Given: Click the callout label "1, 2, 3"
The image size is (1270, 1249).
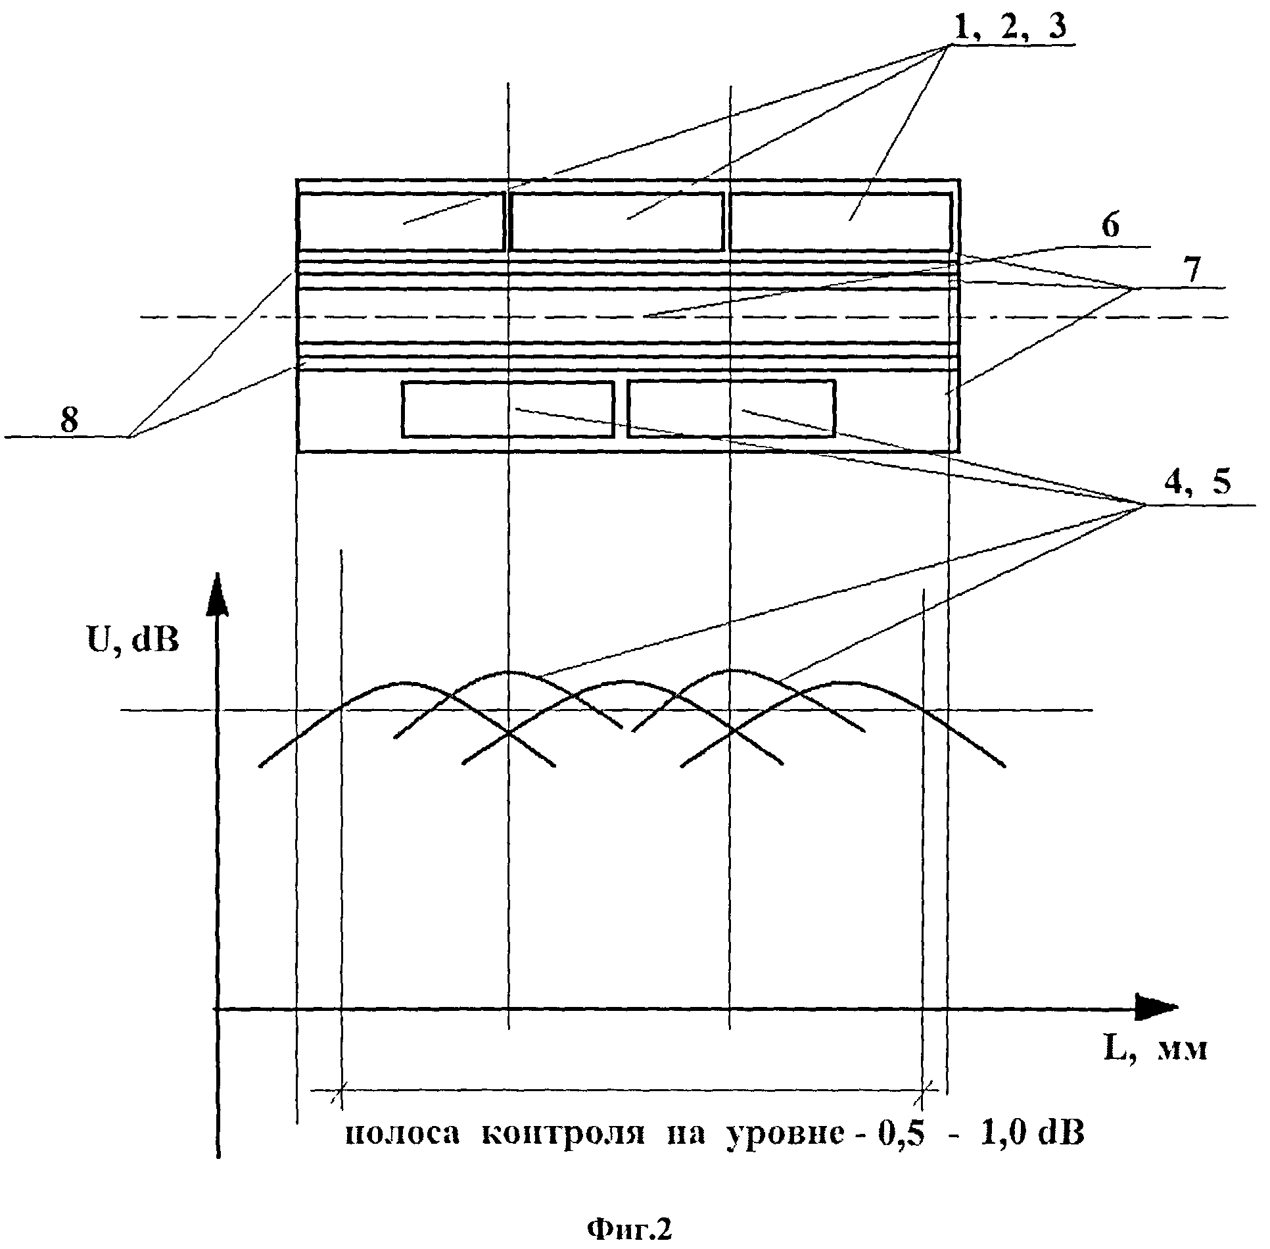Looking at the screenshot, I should (1010, 27).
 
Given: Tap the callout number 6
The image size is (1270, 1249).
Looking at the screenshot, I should (1110, 226).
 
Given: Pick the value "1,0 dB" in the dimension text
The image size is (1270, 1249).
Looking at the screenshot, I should (1031, 1134).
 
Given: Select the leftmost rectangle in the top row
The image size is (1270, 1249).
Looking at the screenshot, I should (402, 221).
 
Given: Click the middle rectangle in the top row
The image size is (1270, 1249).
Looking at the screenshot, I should (617, 221).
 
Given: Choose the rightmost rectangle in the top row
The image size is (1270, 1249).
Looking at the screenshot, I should (841, 221).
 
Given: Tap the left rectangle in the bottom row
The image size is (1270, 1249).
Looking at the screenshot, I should (507, 409).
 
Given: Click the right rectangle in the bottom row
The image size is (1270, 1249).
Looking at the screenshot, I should (731, 409).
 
